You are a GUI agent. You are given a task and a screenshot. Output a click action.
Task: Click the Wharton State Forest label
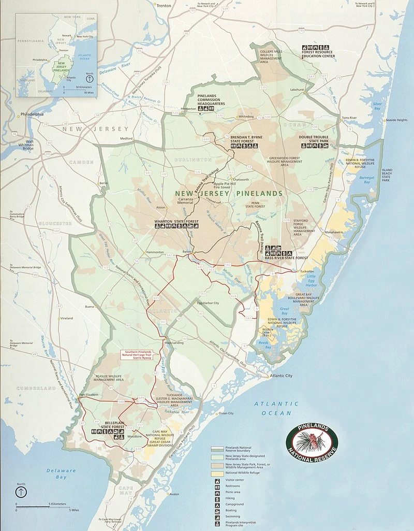(x=176, y=222)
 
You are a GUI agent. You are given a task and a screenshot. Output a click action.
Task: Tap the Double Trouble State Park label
(x=313, y=139)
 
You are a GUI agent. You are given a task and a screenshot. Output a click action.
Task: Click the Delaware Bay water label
(x=61, y=473)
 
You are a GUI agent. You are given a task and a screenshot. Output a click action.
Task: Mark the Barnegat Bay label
(x=368, y=179)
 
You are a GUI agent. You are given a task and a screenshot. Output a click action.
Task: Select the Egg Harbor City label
(x=208, y=303)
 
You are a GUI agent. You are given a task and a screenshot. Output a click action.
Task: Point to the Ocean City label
(x=226, y=413)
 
